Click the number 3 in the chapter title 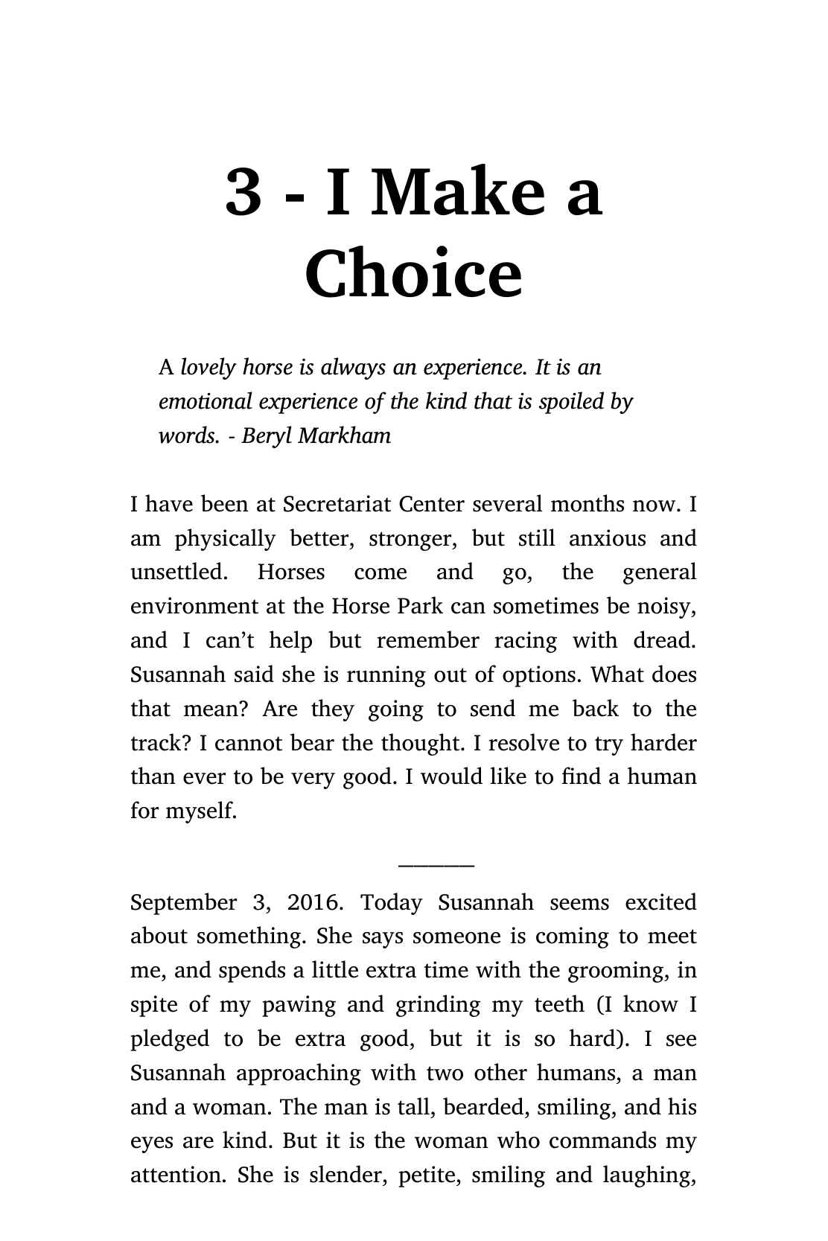pos(243,192)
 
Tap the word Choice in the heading pos(413,272)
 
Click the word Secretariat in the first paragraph pos(337,505)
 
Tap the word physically pos(225,538)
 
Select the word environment pos(194,607)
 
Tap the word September pos(183,903)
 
